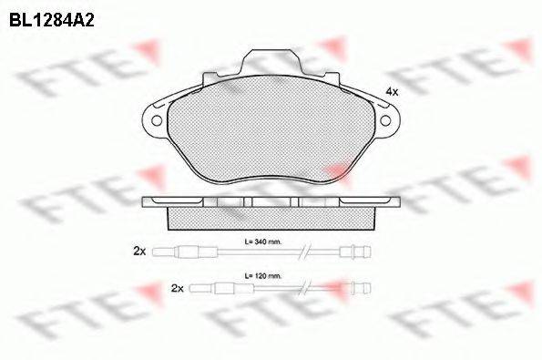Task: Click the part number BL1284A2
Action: (52, 21)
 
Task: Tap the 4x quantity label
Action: (392, 92)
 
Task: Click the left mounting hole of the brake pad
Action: (157, 120)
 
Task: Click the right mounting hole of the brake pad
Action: (385, 120)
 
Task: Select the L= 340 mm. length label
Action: (263, 242)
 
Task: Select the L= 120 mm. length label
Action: (263, 276)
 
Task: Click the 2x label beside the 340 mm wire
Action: (139, 252)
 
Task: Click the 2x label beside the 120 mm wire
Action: (178, 288)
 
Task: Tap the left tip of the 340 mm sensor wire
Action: (153, 252)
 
